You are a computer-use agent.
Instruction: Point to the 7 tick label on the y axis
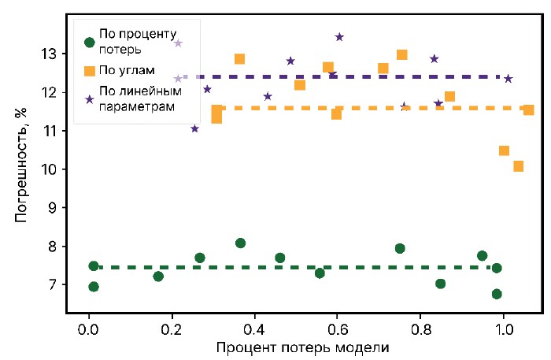[x=58, y=284]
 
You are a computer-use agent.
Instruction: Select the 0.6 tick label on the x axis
[x=338, y=324]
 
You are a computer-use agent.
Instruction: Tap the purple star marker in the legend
[x=90, y=98]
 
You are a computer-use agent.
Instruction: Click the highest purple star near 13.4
[x=339, y=37]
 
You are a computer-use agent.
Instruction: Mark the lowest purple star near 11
[x=195, y=128]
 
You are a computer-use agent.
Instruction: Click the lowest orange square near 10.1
[x=518, y=166]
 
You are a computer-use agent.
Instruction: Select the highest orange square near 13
[x=401, y=54]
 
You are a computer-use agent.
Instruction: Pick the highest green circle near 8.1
[x=241, y=243]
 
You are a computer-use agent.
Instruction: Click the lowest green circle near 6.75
[x=497, y=294]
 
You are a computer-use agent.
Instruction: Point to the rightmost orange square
[x=528, y=109]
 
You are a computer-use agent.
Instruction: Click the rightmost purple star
[x=508, y=79]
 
